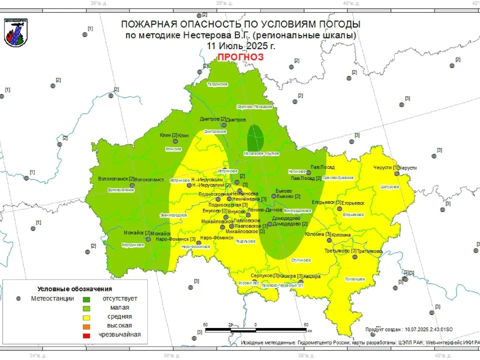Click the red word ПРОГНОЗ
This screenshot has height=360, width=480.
pos(240,57)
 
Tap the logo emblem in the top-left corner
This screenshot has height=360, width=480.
pos(16,33)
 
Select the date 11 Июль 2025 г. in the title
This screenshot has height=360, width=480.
pos(240,45)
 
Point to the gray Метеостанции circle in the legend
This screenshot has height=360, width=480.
pos(18,298)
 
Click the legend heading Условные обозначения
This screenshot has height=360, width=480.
pos(74,289)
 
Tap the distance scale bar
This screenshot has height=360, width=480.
pos(255,330)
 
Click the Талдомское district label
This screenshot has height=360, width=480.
pos(217,84)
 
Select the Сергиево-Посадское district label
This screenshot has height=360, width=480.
pos(254,106)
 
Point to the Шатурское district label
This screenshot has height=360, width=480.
pos(389,186)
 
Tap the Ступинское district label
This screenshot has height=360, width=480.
pos(301,260)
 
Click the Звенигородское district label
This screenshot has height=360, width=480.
pos(173,214)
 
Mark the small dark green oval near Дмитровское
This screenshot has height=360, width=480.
pos(255,135)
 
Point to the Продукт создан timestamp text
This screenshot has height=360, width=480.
pos(408,329)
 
